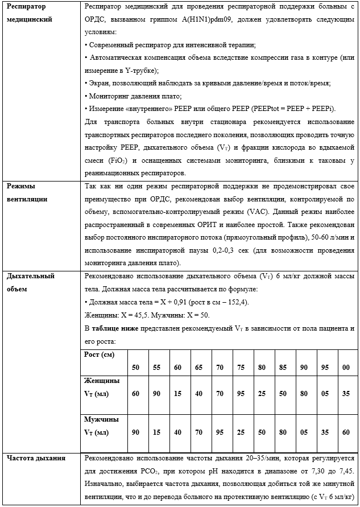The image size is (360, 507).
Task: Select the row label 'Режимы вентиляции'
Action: (27, 192)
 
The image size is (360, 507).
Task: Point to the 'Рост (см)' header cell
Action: (100, 355)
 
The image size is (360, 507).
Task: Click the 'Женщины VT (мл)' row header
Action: (102, 386)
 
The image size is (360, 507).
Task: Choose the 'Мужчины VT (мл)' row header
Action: (102, 426)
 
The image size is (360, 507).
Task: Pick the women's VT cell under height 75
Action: (241, 393)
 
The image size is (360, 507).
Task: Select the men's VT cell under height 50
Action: (135, 433)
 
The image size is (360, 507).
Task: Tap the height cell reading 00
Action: (346, 368)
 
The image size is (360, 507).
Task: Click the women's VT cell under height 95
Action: (325, 393)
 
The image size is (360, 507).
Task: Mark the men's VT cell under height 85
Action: (283, 433)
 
